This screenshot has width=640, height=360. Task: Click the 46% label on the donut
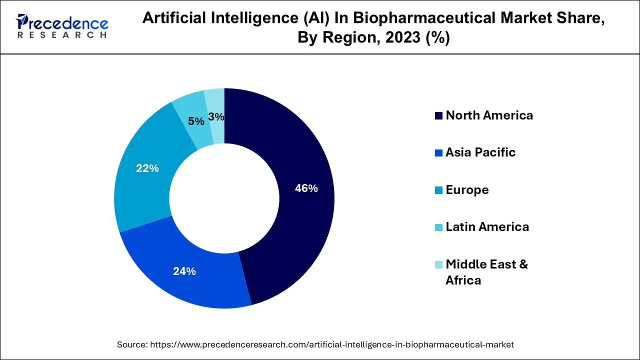click(306, 188)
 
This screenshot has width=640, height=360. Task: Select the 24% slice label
click(184, 271)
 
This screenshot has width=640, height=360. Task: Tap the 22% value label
click(147, 168)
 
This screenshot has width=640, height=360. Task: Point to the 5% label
click(196, 121)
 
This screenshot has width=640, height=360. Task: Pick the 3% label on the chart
click(216, 117)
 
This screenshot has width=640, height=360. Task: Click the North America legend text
click(489, 115)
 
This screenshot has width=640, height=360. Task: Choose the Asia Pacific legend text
click(480, 152)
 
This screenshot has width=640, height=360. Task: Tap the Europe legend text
click(467, 190)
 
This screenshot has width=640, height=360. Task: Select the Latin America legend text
click(487, 227)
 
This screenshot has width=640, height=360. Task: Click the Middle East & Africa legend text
click(486, 272)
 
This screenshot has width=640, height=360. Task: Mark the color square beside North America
click(438, 116)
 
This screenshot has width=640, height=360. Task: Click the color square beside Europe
click(438, 190)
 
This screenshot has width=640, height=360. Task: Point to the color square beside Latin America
click(438, 227)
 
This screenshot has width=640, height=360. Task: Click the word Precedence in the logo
click(67, 23)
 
